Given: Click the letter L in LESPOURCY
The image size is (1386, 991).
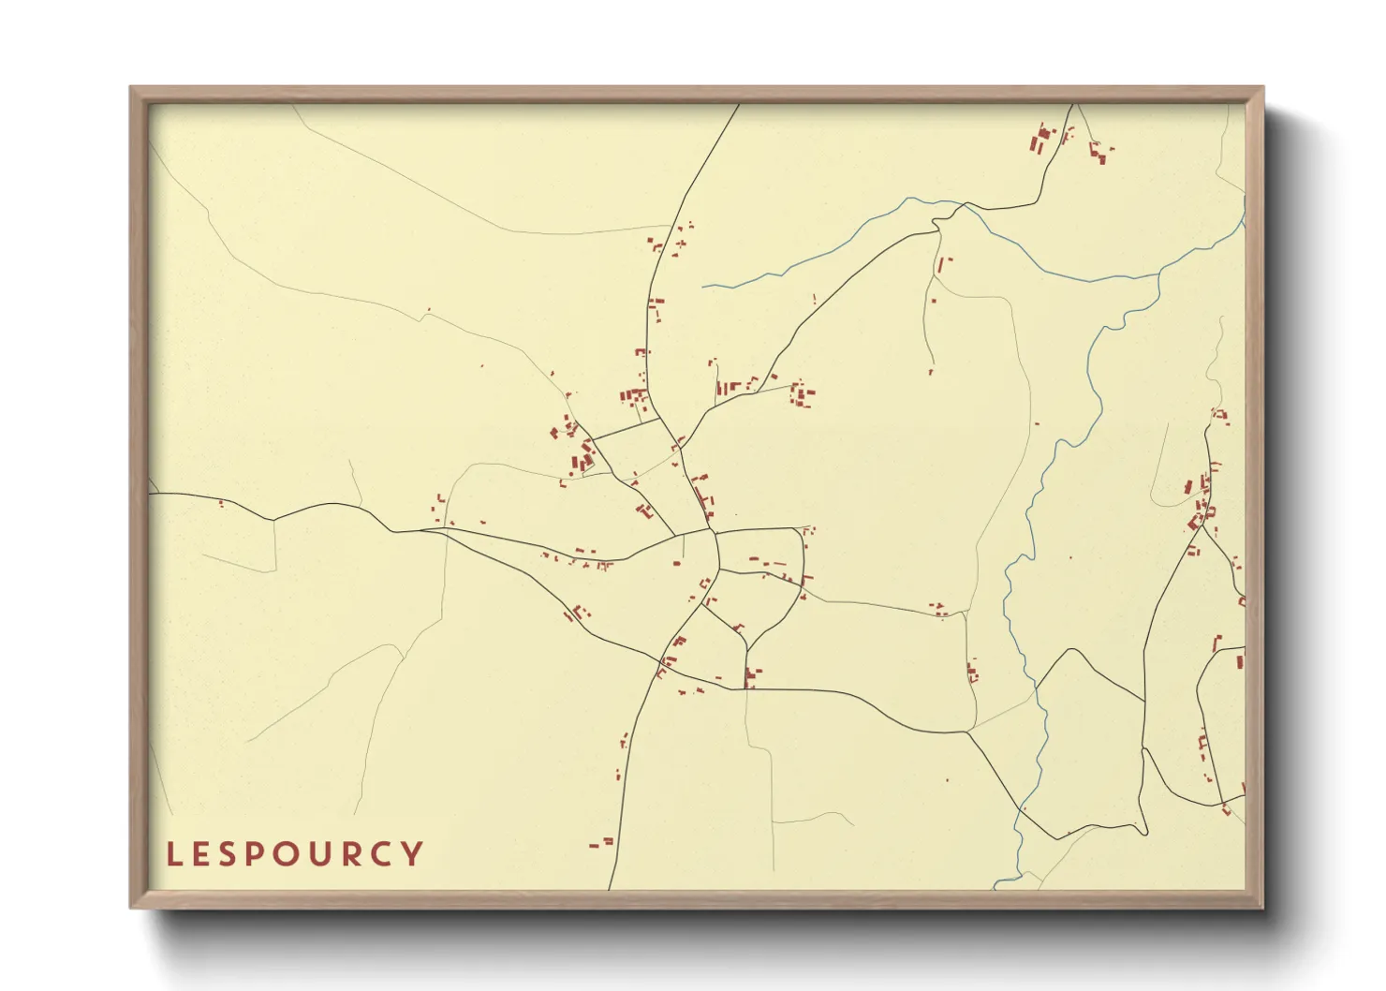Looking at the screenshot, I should (x=173, y=854).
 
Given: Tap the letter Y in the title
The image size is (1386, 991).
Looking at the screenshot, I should (x=413, y=854).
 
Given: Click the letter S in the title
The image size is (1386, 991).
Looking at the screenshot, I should (x=208, y=854).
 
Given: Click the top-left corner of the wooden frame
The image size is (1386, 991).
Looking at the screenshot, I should (x=131, y=88).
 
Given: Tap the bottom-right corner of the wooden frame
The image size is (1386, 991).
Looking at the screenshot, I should (x=1262, y=907).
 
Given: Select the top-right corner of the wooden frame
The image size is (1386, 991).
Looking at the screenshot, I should (x=1262, y=88).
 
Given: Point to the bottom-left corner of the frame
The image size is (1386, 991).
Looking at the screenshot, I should (x=131, y=907).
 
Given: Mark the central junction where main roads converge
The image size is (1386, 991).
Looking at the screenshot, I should (x=714, y=533).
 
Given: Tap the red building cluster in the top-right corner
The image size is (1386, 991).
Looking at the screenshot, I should (x=1042, y=140).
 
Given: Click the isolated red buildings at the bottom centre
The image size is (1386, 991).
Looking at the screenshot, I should (x=601, y=843).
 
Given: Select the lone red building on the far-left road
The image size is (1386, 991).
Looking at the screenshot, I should (x=221, y=504).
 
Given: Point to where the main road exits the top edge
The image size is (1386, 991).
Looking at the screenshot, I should (x=738, y=105).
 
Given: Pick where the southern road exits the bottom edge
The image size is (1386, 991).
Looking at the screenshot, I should (x=610, y=888).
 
